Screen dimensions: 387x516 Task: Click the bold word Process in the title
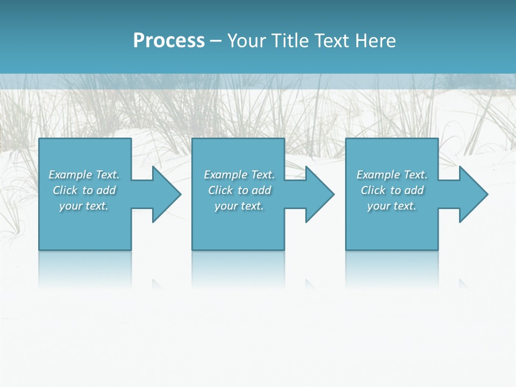click(169, 41)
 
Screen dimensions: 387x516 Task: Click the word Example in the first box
click(70, 175)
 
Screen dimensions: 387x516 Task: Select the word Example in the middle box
click(225, 175)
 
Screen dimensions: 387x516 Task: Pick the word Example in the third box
click(378, 175)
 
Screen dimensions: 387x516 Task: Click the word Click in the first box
click(66, 190)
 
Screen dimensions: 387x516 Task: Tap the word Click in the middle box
click(221, 190)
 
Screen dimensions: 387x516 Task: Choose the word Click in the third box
click(374, 190)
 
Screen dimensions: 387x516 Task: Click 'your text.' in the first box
click(84, 206)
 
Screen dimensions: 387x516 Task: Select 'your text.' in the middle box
click(239, 206)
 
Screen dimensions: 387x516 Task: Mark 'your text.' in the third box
click(392, 206)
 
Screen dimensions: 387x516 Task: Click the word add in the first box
click(106, 190)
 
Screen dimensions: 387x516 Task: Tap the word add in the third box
click(414, 190)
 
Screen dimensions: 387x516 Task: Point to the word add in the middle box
click(262, 190)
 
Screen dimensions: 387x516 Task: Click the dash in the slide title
click(216, 41)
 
